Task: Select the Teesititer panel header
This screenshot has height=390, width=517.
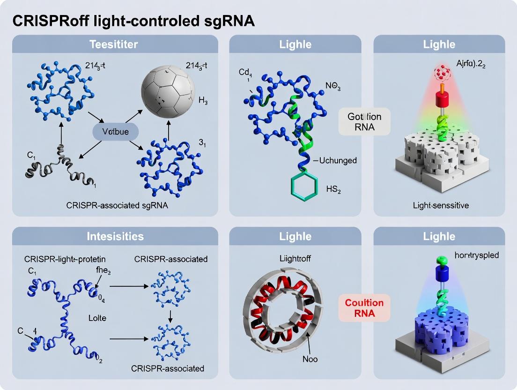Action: point(115,45)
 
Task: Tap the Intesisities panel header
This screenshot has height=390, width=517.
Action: point(115,237)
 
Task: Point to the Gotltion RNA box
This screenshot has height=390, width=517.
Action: point(364,121)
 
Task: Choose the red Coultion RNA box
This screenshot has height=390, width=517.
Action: point(364,308)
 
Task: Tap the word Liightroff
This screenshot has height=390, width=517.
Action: point(295,258)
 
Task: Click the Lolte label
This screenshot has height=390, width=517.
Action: point(97,318)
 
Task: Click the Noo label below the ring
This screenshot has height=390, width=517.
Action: point(310,359)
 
